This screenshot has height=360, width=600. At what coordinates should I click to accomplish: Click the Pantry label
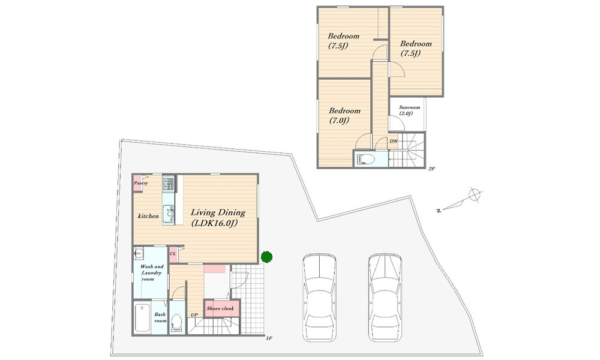[x=141, y=183]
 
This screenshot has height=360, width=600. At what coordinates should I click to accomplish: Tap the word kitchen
[x=148, y=216]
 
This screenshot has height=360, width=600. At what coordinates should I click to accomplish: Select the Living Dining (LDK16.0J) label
[x=218, y=218]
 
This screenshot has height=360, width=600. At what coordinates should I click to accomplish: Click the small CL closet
[x=173, y=254]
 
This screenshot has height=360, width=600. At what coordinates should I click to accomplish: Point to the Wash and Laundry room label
[x=152, y=273]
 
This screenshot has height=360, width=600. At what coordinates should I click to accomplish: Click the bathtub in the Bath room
[x=142, y=318]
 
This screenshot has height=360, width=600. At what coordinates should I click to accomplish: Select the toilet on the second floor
[x=365, y=159]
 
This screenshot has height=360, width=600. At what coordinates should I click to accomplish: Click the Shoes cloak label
[x=220, y=308]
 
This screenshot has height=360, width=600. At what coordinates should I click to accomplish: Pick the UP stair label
[x=194, y=315]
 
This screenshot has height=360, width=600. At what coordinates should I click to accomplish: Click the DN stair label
[x=394, y=141]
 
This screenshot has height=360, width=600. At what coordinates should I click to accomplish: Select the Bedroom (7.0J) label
[x=345, y=116]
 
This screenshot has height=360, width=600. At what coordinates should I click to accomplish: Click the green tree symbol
[x=267, y=257]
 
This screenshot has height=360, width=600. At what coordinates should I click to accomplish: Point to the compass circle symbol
[x=474, y=195]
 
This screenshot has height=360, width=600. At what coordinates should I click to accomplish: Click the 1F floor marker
[x=269, y=338]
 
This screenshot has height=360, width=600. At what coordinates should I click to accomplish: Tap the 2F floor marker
[x=431, y=169]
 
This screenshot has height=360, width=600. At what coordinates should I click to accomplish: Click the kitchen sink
[x=169, y=214]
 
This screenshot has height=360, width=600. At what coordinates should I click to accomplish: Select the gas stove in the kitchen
[x=169, y=183]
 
